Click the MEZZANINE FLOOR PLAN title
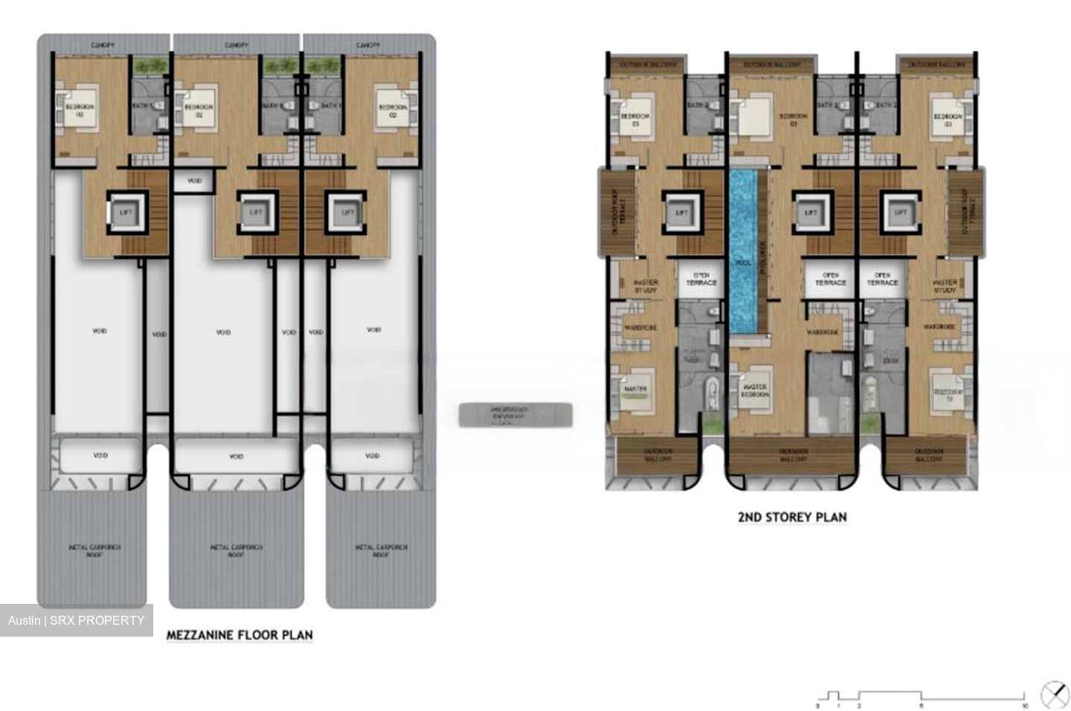[x=239, y=634]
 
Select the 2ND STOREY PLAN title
[x=791, y=517]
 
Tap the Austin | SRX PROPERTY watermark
[x=76, y=620]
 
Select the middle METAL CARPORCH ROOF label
[x=237, y=550]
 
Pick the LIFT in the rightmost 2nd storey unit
[x=901, y=212]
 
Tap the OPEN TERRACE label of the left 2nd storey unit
[x=701, y=279]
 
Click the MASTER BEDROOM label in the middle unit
[x=754, y=390]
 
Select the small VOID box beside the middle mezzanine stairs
[x=193, y=181]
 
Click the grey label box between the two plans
[x=515, y=414]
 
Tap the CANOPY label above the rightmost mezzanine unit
[x=368, y=45]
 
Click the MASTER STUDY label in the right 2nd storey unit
[x=945, y=286]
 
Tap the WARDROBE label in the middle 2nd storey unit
[x=822, y=332]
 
